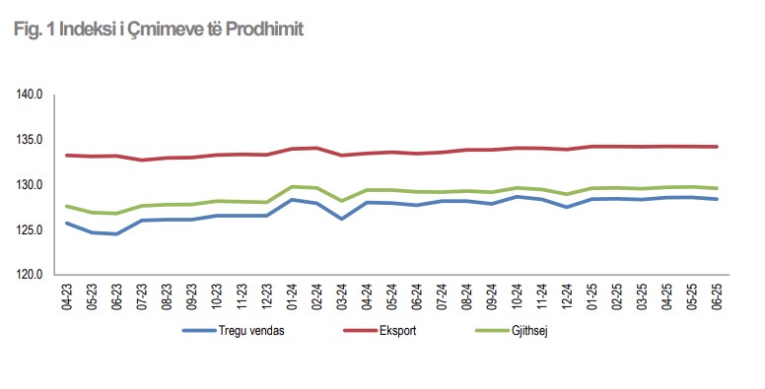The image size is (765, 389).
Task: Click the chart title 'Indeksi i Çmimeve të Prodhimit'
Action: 181,30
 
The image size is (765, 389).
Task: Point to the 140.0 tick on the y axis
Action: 31,95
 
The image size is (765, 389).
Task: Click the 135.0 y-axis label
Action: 31,140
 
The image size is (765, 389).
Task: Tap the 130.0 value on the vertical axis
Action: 31,185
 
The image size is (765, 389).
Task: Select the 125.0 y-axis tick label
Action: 31,230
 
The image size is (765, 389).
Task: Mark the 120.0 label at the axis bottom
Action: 31,276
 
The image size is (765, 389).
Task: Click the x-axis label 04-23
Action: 67,296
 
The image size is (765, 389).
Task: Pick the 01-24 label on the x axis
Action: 292,296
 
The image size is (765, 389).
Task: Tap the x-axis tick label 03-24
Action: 342,296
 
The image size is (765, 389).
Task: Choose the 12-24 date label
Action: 567,296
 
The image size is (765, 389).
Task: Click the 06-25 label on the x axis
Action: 718,296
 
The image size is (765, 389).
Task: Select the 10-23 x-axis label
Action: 217,296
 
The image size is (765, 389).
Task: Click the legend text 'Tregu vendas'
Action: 251,331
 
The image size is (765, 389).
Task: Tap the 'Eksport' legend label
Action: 397,331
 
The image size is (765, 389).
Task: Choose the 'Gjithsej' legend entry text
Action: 529,331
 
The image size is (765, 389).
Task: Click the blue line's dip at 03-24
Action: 342,219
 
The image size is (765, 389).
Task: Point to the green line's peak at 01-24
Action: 292,187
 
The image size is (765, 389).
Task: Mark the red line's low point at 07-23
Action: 142,160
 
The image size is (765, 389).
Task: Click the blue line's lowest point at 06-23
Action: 116,234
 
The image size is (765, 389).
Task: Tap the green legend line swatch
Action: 492,331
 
